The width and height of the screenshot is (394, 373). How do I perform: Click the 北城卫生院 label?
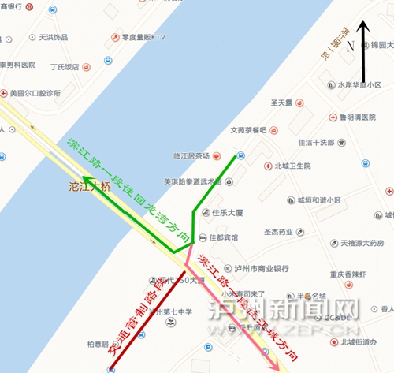(292, 166)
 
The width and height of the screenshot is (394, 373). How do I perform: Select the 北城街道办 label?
(360, 341)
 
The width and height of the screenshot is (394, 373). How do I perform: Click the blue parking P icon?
(208, 347)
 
